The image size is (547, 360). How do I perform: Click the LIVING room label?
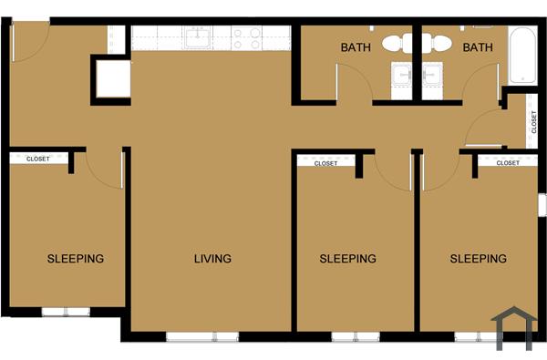pos(212,259)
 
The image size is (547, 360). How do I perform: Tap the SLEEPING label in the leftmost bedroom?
pos(76,259)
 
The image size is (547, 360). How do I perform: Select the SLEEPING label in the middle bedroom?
pos(347,259)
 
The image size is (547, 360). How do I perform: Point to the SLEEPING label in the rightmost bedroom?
pos(479,259)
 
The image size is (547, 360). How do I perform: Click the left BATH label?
pos(356,47)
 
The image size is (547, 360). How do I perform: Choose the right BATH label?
pos(478,47)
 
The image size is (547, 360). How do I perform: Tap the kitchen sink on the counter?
pos(199,38)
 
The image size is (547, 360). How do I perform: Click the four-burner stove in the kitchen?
pos(247,38)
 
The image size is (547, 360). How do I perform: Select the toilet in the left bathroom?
pos(396,42)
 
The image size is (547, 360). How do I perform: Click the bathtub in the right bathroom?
pos(523,55)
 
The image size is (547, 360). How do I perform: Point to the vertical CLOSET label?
pos(533,121)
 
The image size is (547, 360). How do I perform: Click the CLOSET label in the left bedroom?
pos(38,159)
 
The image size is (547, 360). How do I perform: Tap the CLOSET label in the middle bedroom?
pos(325,164)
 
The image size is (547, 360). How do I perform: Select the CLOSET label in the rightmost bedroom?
pos(508,163)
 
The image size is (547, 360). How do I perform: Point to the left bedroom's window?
pos(66,312)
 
